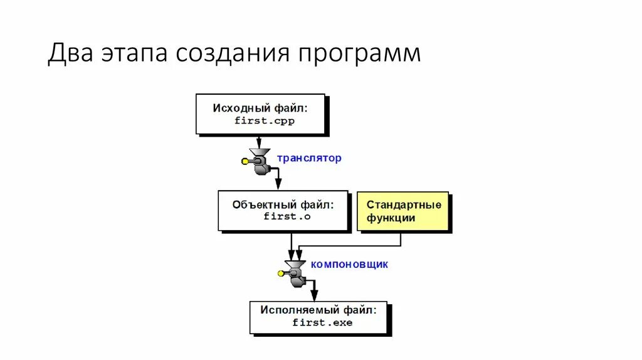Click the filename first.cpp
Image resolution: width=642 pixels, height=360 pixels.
(x=265, y=120)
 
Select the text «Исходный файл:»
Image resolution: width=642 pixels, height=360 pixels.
(x=260, y=108)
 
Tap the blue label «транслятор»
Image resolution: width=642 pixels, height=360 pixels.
(x=309, y=158)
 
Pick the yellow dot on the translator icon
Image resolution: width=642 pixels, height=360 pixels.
(x=245, y=161)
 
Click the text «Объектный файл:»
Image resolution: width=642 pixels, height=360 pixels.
(x=283, y=204)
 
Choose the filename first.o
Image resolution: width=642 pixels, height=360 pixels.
(x=287, y=216)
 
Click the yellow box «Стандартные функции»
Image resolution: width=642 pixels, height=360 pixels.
(x=403, y=211)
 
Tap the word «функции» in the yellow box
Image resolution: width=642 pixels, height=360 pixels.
(x=391, y=218)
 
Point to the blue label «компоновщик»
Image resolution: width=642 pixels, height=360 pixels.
(x=349, y=264)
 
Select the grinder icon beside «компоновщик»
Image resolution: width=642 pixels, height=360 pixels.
(x=295, y=271)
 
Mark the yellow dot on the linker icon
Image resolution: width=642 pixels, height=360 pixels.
(x=281, y=273)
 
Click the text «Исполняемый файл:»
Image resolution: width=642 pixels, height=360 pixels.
(x=319, y=310)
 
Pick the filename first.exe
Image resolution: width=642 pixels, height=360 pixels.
(x=322, y=322)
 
